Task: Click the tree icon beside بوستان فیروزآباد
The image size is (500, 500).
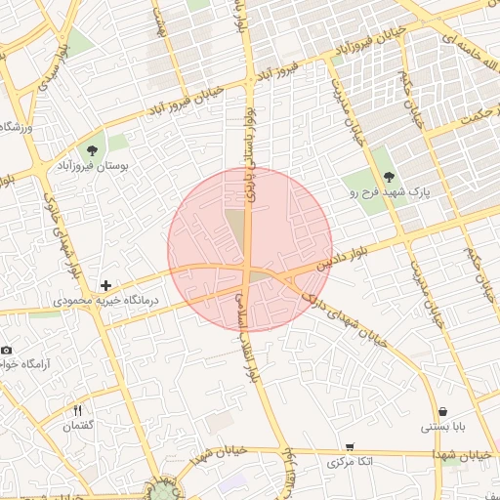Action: (92, 150)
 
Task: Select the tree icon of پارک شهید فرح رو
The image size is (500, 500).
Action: (390, 177)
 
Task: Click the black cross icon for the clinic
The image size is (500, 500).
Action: (105, 284)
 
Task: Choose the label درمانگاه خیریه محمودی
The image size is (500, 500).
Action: (106, 301)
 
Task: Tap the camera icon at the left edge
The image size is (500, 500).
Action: (6, 350)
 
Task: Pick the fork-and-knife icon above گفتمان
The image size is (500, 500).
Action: (77, 410)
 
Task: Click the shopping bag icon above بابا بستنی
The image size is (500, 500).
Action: (443, 411)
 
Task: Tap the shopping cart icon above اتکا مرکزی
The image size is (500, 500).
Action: (349, 446)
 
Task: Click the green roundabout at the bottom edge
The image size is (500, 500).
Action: (166, 488)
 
